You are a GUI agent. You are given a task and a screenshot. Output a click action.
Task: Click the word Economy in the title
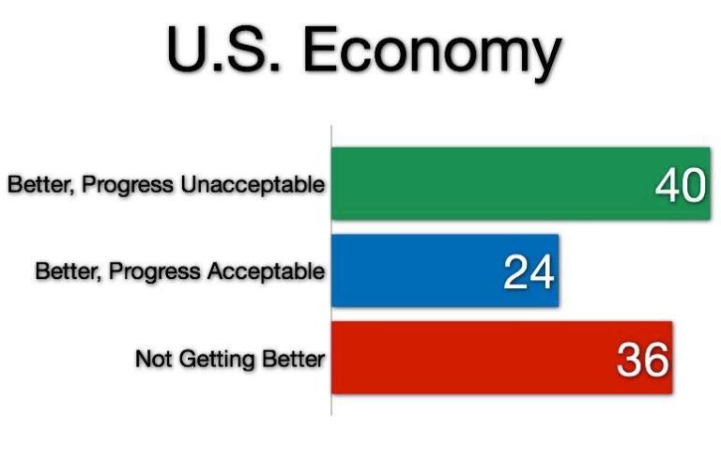(431, 53)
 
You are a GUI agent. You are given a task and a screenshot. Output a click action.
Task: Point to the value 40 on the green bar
(679, 186)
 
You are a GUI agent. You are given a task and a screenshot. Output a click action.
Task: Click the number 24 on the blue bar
(529, 272)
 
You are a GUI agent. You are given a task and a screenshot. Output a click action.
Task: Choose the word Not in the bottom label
(151, 359)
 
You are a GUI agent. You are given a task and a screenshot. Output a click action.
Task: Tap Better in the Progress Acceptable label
(66, 272)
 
